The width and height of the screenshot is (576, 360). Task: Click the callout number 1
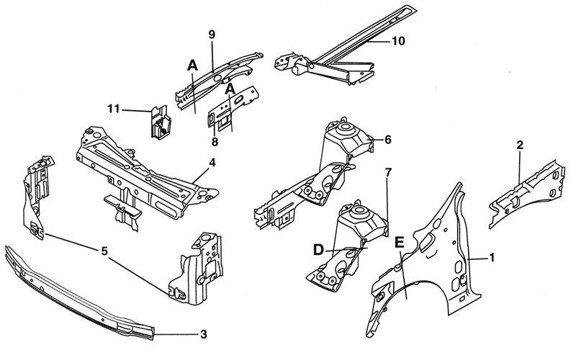coord(491,257)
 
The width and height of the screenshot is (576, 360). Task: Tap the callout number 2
coord(519,145)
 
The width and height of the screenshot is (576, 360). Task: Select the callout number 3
coord(204,335)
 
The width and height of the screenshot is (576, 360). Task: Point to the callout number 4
coord(212,163)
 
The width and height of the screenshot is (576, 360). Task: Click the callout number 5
coord(104,251)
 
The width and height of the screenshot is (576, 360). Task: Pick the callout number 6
coord(387,140)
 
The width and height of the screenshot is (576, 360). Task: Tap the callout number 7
coord(388,172)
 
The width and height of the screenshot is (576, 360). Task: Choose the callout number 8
coord(215,142)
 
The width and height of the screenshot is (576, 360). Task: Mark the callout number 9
coord(212,35)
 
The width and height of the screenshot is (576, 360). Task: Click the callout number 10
coord(397,41)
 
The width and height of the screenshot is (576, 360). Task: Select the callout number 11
coord(114,109)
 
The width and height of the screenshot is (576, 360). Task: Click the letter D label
coord(318,251)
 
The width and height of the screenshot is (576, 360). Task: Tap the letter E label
coord(400,243)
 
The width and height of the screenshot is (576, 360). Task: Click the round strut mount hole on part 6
coord(345,129)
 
